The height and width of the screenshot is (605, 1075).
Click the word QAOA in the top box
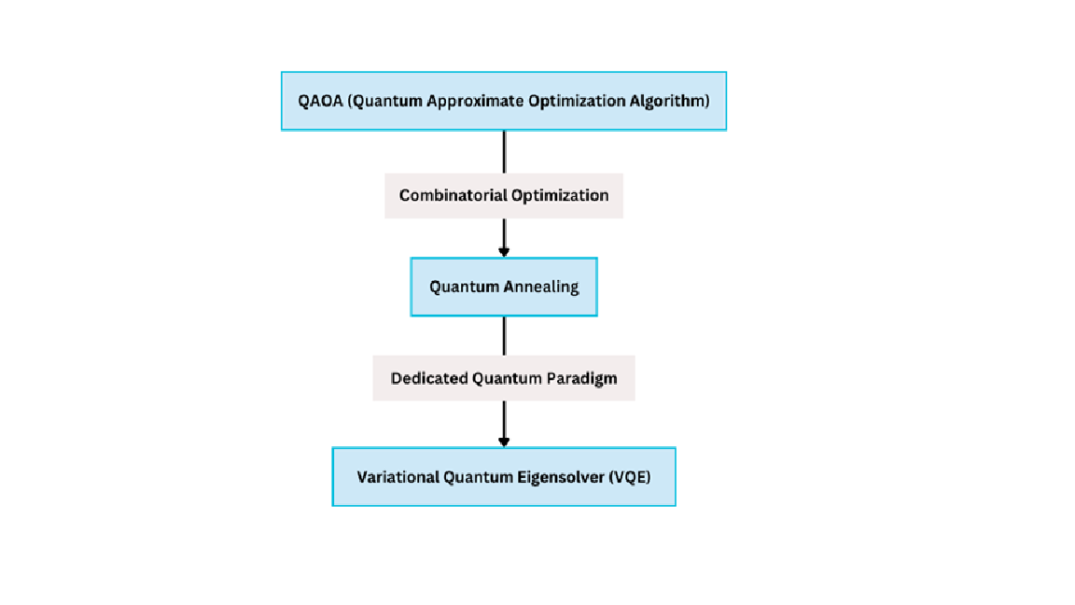320,101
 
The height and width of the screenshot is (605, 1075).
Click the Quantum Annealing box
504,287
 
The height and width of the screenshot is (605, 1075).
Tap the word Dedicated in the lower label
429,378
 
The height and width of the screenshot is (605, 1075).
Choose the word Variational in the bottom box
398,477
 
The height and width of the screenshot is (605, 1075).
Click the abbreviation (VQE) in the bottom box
629,477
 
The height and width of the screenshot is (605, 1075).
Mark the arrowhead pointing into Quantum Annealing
504,252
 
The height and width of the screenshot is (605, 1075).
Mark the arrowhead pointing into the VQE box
504,443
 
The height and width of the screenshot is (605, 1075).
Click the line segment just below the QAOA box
504,151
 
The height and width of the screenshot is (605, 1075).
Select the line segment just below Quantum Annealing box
504,335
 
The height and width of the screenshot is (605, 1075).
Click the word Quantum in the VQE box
478,477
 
